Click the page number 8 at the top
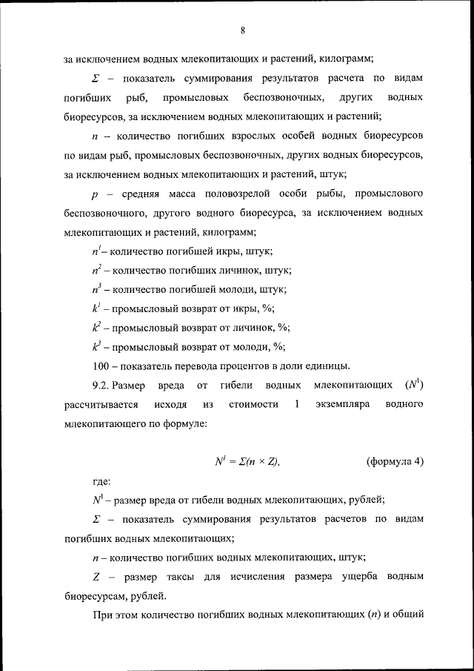click(x=242, y=30)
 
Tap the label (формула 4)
click(x=395, y=462)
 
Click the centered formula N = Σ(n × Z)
click(x=247, y=462)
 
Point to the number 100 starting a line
click(x=101, y=366)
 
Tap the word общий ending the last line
click(x=406, y=615)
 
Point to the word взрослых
click(x=232, y=136)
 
